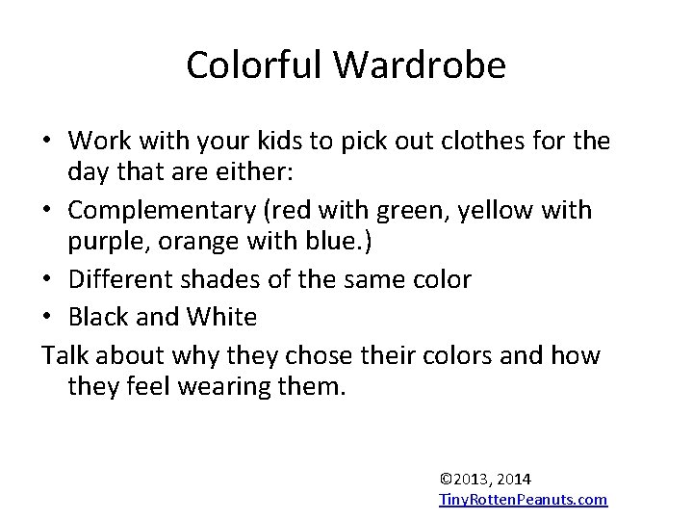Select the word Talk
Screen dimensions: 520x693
[64, 355]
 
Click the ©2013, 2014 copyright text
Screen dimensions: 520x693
[485, 479]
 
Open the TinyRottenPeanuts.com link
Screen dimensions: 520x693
[523, 499]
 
